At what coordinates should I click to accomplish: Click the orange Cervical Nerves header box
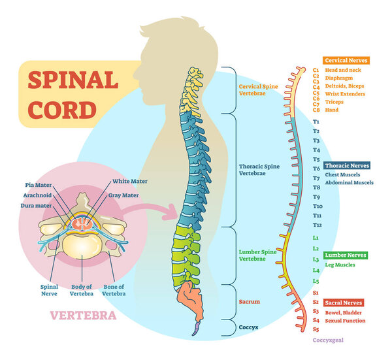coord(346,60)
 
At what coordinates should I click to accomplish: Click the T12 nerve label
coord(317,225)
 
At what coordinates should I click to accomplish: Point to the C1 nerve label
coord(316,69)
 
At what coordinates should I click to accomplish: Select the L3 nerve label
coord(316,259)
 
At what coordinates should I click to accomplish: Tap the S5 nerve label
coord(316,329)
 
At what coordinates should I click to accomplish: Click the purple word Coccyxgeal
coord(327,340)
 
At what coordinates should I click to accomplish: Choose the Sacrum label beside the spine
coord(249,302)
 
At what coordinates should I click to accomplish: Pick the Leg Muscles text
coord(340,265)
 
